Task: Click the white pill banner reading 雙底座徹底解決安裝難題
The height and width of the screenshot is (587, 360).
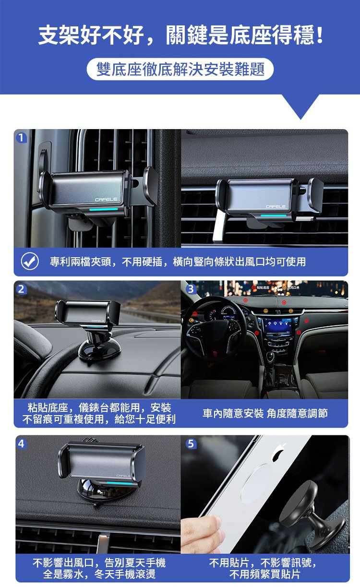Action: [x=180, y=70]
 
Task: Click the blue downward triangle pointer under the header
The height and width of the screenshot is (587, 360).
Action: [x=300, y=107]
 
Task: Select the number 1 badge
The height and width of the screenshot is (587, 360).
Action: [x=21, y=138]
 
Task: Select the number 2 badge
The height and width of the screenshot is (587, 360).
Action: [x=21, y=289]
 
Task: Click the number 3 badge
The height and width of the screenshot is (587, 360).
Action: [x=191, y=289]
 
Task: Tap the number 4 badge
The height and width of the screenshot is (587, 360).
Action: [x=21, y=444]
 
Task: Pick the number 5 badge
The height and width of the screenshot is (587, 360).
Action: [x=191, y=444]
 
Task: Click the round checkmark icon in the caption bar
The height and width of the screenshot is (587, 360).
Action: [x=30, y=262]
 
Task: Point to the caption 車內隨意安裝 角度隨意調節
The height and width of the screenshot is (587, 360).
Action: [x=265, y=413]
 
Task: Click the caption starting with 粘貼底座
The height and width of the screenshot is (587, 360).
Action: [x=99, y=413]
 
